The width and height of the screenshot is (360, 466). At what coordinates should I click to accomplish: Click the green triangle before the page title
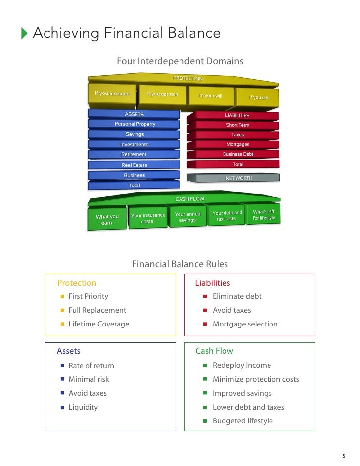[25, 34]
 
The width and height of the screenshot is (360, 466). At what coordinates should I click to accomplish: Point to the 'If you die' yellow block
[258, 97]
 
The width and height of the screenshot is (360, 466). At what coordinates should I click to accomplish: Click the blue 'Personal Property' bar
[135, 124]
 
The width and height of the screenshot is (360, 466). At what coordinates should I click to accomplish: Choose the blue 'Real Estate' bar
[134, 165]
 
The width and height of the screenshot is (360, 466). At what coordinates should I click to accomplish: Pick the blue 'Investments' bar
[134, 145]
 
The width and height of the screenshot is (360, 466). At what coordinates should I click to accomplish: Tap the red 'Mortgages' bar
[237, 145]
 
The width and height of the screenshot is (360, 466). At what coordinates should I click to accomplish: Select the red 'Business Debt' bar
[237, 154]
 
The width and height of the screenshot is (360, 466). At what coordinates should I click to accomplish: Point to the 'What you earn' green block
[107, 220]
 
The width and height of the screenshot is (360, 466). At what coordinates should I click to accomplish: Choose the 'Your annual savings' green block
[187, 217]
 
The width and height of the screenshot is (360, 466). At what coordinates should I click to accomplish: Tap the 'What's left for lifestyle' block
[264, 215]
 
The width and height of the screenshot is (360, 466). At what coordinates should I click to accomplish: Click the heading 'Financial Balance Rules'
[180, 264]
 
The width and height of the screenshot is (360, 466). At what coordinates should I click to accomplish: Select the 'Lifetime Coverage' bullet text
[98, 324]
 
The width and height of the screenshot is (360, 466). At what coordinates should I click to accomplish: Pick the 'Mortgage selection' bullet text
[245, 324]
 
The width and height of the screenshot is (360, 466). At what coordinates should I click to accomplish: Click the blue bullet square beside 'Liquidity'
[63, 407]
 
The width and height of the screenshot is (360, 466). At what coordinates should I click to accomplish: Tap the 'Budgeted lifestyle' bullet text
[242, 421]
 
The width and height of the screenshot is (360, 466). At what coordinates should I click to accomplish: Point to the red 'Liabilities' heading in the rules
[213, 283]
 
